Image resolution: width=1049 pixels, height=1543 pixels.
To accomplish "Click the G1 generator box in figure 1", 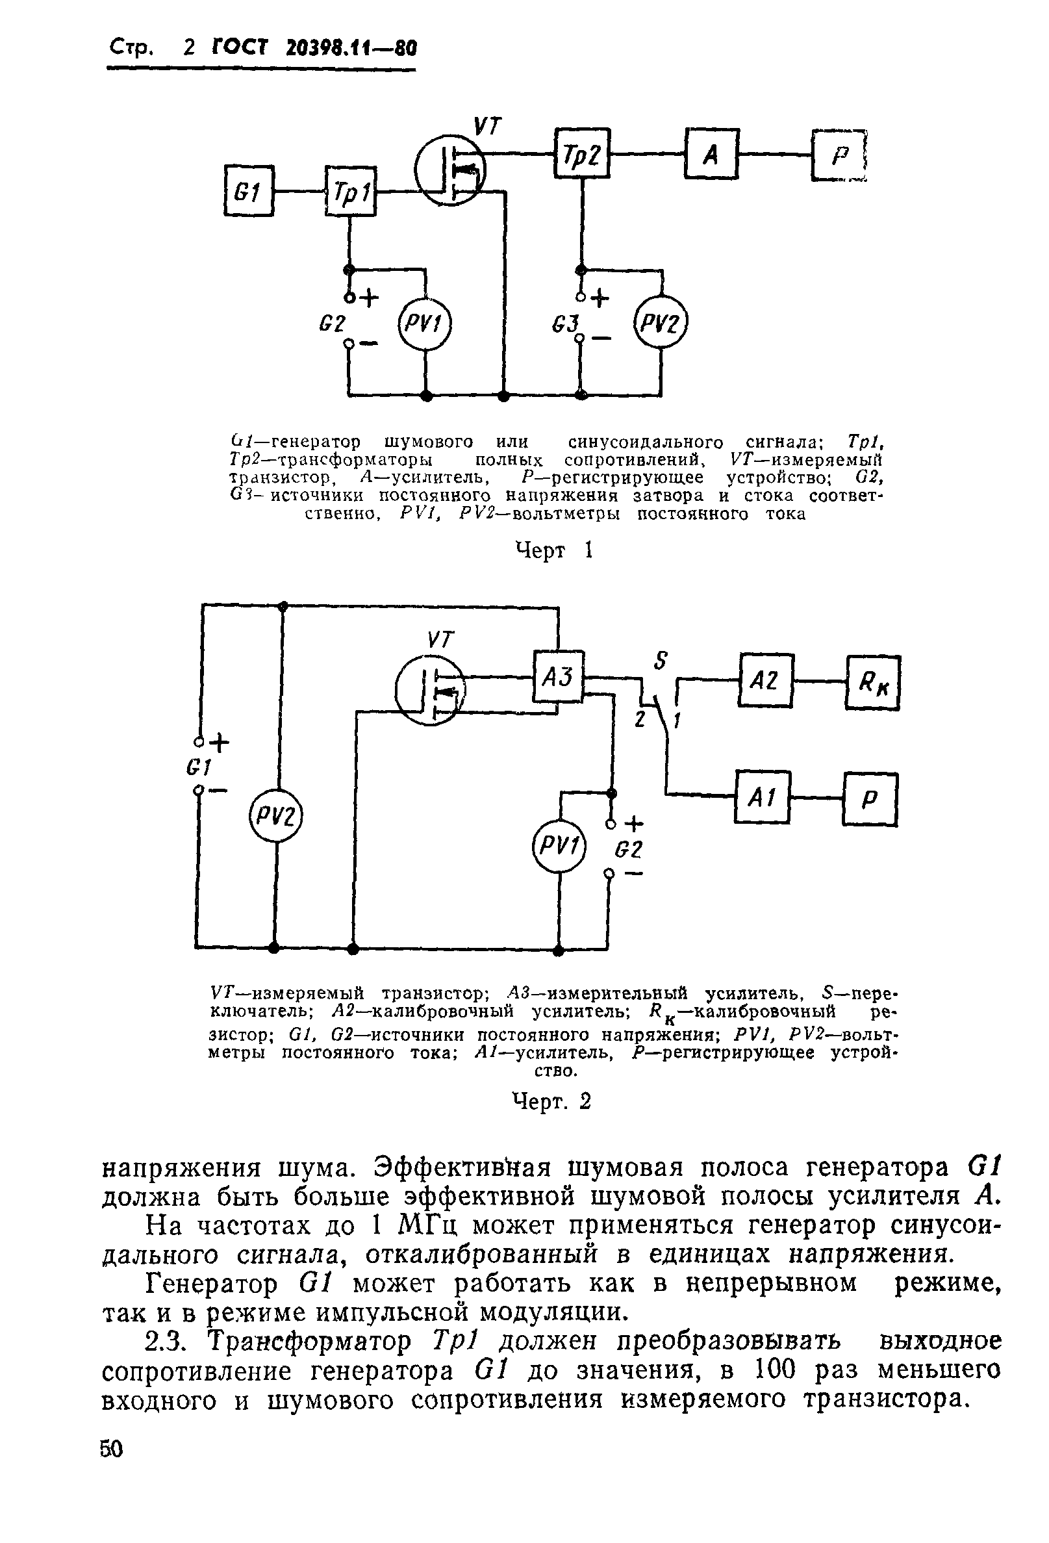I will tap(248, 191).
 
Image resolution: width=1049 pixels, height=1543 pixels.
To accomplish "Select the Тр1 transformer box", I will tap(350, 191).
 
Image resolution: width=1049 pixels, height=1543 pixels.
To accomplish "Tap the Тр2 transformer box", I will tap(582, 153).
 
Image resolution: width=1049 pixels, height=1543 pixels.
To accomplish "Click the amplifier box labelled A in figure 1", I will tap(711, 153).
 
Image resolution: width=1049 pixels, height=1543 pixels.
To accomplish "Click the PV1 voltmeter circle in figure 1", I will tap(423, 324).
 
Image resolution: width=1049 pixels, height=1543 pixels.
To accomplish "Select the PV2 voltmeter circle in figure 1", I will tap(661, 324).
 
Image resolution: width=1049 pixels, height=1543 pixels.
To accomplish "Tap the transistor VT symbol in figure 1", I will tap(450, 170).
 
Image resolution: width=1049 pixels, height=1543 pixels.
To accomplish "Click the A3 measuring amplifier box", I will tap(558, 676).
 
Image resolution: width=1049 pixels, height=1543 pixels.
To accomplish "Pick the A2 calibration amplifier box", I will tap(765, 679).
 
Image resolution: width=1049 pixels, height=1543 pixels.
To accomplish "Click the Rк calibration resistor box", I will tap(873, 683).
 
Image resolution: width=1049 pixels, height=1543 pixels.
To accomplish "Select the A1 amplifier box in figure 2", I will tap(762, 797).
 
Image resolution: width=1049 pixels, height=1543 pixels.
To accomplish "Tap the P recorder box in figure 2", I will tap(870, 799).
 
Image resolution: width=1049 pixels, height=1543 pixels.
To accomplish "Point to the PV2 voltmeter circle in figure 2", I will tap(275, 815).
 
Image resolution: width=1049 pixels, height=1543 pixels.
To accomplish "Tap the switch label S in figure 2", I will tap(660, 660).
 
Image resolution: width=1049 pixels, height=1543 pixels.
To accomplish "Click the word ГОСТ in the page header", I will tap(240, 48).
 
